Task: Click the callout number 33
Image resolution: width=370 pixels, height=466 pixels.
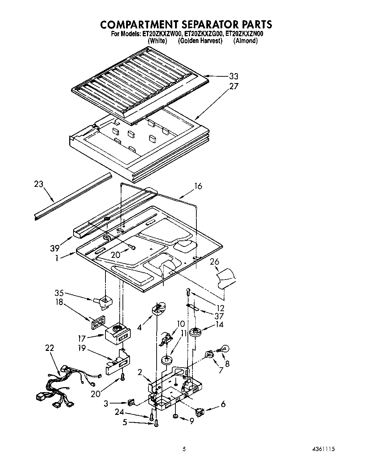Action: [233, 76]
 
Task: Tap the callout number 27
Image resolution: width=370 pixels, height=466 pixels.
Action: [234, 86]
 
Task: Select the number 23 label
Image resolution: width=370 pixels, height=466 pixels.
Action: [39, 184]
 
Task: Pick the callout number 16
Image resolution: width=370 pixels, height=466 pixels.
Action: [198, 186]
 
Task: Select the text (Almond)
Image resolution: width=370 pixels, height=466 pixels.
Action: [245, 41]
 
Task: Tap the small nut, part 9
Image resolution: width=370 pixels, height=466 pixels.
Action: [176, 416]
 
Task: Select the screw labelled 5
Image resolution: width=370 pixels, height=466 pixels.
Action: [157, 422]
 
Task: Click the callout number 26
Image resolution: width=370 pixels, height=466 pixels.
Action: [214, 262]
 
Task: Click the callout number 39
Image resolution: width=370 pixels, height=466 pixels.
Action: [54, 248]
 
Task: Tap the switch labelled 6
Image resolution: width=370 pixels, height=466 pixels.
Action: [200, 412]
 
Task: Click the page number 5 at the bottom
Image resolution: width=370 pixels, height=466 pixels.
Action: [184, 449]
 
